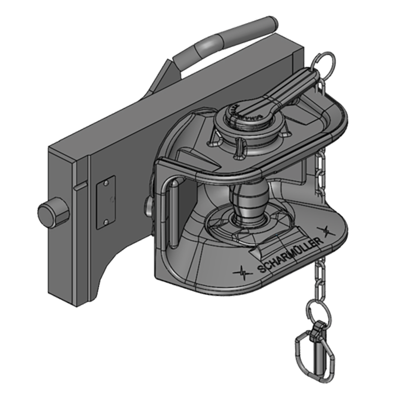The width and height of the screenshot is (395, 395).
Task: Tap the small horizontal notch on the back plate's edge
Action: click(x=81, y=187)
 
